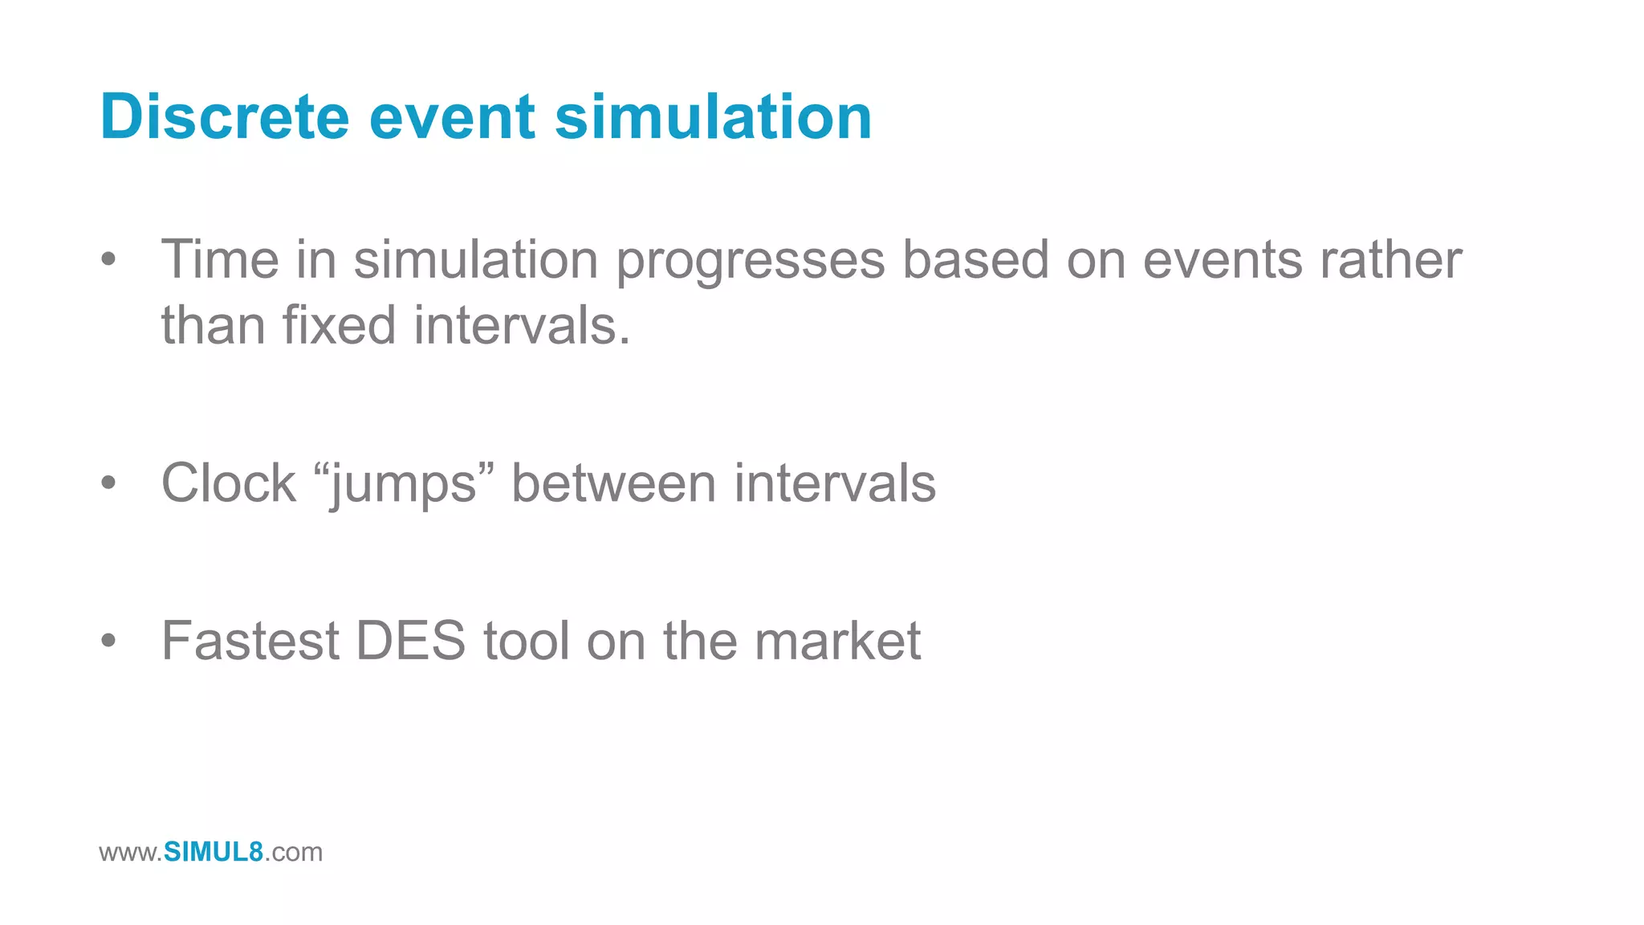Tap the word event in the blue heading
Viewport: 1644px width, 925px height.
point(452,117)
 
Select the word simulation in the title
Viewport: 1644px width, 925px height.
point(713,117)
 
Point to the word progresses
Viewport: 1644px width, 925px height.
point(750,262)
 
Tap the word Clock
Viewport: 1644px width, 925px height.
point(229,483)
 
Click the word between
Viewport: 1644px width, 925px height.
point(613,483)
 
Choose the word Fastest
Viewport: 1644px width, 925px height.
point(250,641)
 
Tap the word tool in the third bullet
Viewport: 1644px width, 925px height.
point(527,641)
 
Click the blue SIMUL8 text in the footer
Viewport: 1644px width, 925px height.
point(214,852)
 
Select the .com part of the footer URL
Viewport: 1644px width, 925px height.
point(294,853)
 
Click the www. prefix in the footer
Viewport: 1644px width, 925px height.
point(131,853)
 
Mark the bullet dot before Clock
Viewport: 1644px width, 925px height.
point(109,483)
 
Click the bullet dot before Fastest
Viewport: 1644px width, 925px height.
point(109,641)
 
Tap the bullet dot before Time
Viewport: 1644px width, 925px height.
point(109,260)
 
